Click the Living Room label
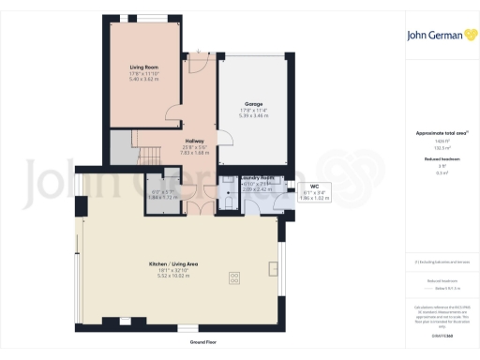[142, 67]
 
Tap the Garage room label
[253, 103]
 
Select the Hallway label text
[195, 141]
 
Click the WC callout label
[315, 187]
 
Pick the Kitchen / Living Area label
[178, 265]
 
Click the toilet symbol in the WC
[228, 200]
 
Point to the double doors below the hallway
[194, 204]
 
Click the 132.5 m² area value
[441, 147]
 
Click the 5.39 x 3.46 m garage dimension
[253, 116]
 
